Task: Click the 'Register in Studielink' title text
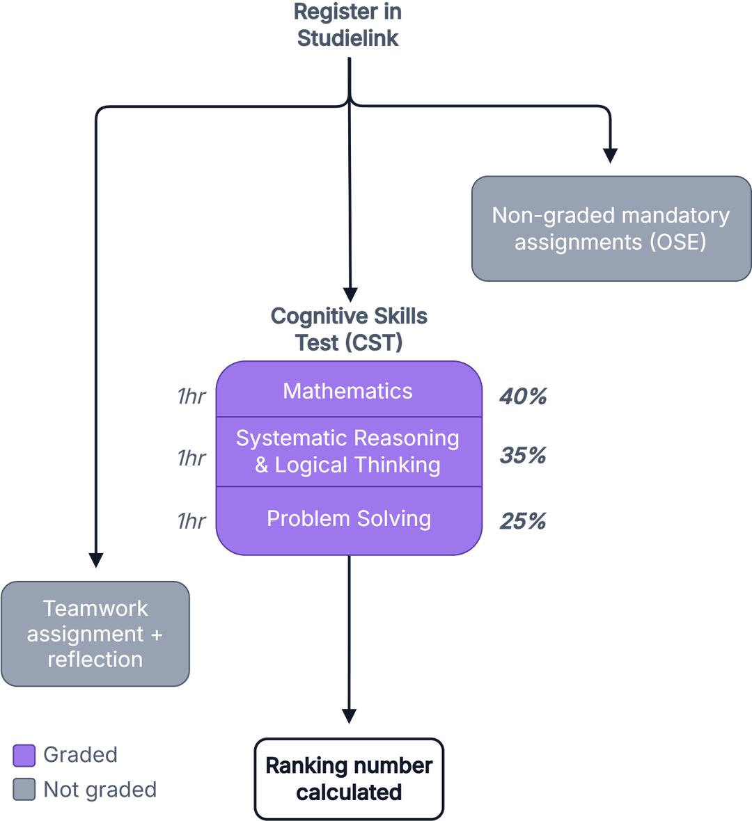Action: pos(348,25)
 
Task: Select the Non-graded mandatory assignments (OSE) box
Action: pos(610,229)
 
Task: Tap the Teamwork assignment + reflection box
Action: pos(95,634)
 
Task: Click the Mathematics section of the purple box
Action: pos(348,391)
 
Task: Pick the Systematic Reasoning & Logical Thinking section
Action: pos(348,452)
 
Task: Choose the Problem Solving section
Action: pos(348,519)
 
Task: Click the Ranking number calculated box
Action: pos(349,779)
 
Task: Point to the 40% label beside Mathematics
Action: pos(523,397)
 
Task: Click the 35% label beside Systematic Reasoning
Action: pos(523,456)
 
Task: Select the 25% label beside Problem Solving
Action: pos(523,521)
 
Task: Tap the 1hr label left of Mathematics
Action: pos(191,397)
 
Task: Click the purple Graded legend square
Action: pos(24,756)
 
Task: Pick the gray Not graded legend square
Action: pos(24,790)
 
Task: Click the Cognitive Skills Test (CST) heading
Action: pos(349,329)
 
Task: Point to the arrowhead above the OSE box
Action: pos(611,156)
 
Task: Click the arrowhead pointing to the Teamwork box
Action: pos(96,559)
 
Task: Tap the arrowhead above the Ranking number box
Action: pos(350,716)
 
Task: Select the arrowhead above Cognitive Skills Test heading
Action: pos(350,294)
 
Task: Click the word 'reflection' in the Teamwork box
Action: pos(95,660)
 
